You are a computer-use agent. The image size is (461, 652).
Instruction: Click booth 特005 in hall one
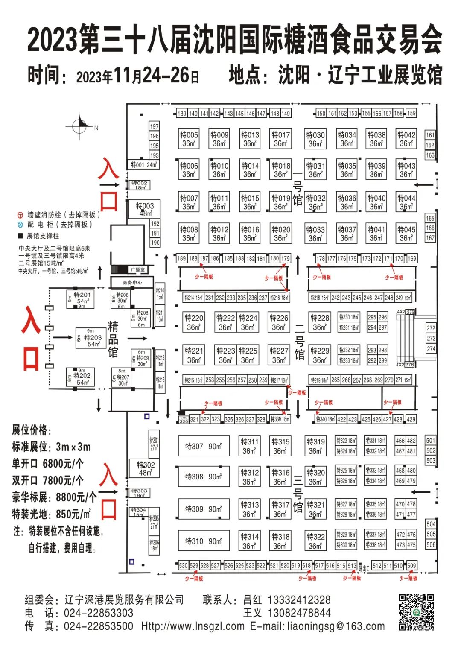coord(189,139)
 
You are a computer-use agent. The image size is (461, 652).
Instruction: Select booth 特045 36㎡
coord(406,233)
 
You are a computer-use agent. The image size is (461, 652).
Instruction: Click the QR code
coord(416,612)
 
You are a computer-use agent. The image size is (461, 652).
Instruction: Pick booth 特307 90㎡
coord(204,447)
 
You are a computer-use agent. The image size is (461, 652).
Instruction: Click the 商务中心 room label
coord(132,282)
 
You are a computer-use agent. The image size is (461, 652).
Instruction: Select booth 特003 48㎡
coord(144,209)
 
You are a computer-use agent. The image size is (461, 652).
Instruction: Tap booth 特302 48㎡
coord(145,468)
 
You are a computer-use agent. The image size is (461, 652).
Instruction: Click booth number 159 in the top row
coord(411,113)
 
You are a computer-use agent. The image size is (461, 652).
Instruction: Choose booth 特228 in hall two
coord(320,322)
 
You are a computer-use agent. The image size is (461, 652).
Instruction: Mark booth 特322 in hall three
coord(316,541)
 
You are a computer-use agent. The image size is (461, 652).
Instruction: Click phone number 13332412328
coord(299,600)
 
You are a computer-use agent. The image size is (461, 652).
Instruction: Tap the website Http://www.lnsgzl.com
coord(193,626)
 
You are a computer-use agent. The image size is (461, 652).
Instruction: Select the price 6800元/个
coord(63,464)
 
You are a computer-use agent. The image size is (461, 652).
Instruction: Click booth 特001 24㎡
coord(144,164)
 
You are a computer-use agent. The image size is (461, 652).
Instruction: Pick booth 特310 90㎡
coord(204,541)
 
